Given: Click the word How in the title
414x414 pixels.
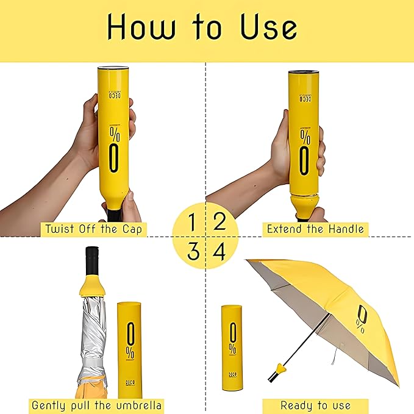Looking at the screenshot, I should [x=139, y=27].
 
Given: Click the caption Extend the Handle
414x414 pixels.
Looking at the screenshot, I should [x=316, y=230].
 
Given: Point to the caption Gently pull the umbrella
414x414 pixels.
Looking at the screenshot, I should [x=97, y=405].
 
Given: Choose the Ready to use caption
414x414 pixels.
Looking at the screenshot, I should [x=316, y=405].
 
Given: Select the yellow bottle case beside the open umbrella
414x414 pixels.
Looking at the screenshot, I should [x=232, y=344].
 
